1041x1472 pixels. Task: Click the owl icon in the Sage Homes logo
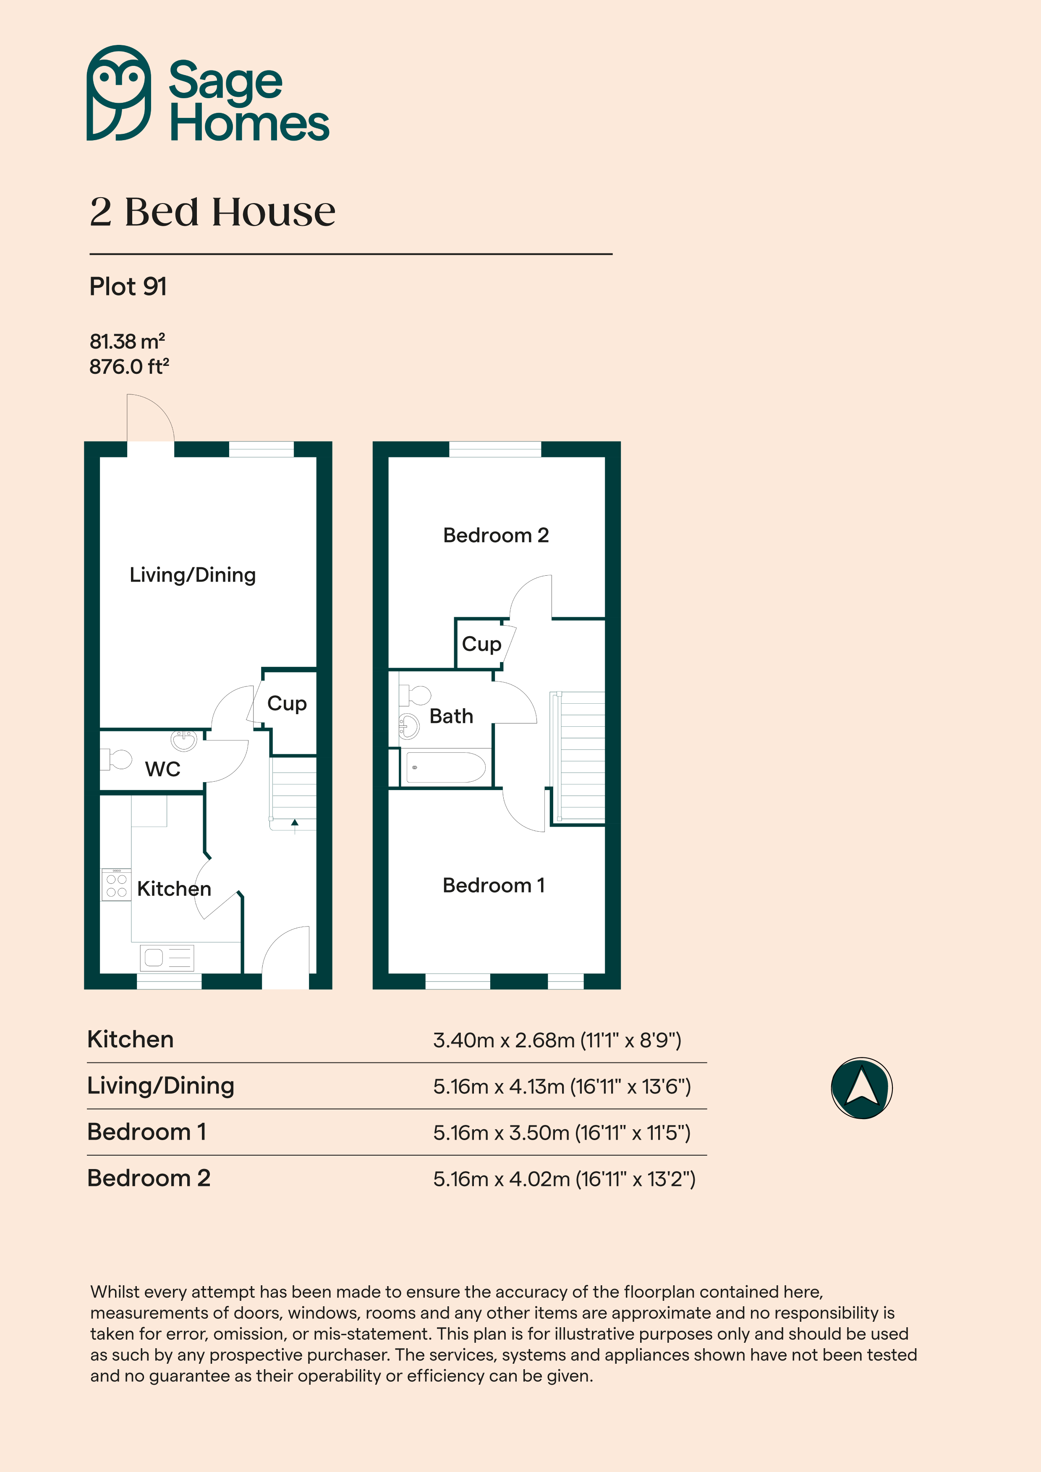[119, 93]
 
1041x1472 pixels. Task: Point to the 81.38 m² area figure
[127, 341]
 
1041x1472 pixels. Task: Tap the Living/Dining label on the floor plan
[192, 575]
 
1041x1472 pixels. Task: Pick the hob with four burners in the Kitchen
[116, 885]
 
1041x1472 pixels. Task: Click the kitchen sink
[167, 958]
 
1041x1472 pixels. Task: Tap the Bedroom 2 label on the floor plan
[496, 535]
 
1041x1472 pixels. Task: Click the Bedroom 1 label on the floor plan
[494, 885]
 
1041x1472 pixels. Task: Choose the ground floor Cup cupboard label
[287, 704]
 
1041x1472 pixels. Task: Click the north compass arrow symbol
[861, 1088]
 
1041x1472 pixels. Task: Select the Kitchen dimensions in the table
[557, 1040]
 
